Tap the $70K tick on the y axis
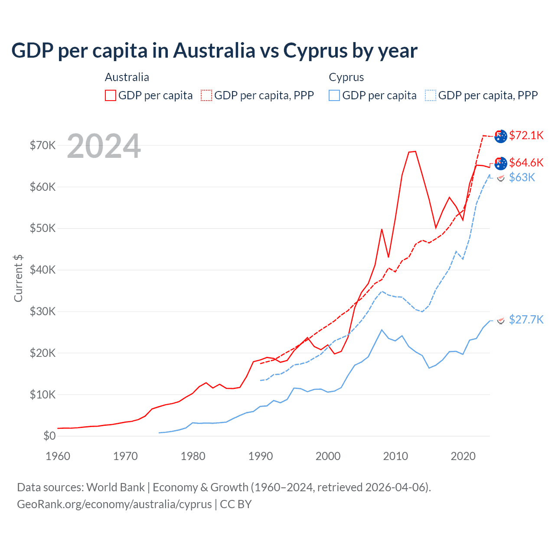click(x=42, y=145)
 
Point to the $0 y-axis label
click(x=49, y=436)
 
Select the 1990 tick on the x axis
click(x=261, y=456)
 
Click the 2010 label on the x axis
click(x=395, y=456)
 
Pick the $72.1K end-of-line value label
click(x=526, y=135)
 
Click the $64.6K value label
click(x=526, y=163)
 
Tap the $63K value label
click(x=522, y=177)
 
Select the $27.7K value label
click(x=526, y=320)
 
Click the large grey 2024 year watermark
click(x=104, y=146)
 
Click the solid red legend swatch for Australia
click(x=111, y=95)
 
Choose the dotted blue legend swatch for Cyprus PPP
click(x=431, y=95)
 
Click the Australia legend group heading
click(x=127, y=77)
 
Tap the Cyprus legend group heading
click(x=346, y=77)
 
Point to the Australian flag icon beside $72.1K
click(x=501, y=136)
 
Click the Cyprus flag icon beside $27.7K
click(x=501, y=320)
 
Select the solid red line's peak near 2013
click(x=415, y=151)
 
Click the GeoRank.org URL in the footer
click(x=114, y=504)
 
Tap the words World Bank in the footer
click(x=115, y=487)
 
